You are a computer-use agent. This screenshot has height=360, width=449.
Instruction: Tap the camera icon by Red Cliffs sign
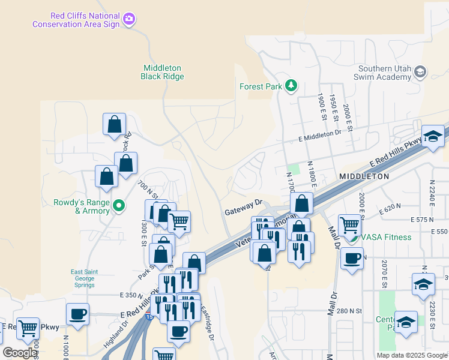[128, 20]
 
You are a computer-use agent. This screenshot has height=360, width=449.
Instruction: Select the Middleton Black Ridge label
[162, 72]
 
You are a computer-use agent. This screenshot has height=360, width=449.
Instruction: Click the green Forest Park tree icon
[291, 86]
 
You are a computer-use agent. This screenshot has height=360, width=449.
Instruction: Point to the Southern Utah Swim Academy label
[384, 73]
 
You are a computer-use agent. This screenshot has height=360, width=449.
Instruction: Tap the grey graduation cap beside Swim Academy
[421, 73]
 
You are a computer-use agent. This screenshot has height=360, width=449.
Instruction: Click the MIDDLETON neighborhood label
[364, 176]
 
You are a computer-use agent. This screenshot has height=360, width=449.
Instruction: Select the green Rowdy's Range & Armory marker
[119, 206]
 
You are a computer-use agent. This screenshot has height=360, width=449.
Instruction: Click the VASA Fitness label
[386, 237]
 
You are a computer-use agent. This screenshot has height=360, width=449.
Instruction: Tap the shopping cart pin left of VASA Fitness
[349, 226]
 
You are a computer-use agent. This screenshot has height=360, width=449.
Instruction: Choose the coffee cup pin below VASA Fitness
[352, 259]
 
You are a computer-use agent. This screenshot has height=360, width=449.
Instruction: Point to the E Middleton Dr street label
[319, 136]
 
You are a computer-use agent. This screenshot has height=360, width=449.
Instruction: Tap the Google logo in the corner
[19, 353]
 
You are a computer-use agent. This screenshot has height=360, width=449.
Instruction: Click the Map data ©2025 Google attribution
[411, 355]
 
